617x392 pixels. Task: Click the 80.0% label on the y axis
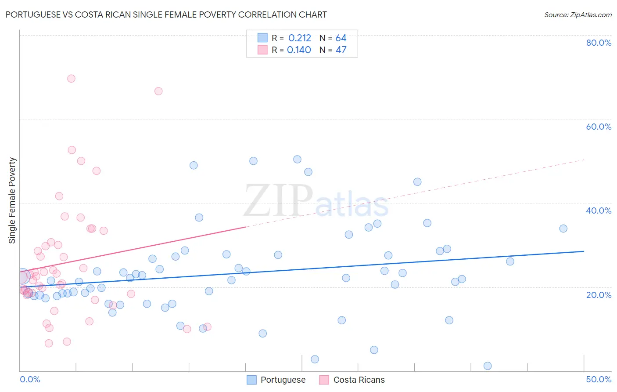click(599, 43)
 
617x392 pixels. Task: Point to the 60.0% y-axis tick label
click(599, 127)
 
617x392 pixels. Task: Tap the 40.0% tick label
click(599, 211)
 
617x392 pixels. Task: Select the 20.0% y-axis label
click(599, 295)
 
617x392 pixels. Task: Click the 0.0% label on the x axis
click(30, 379)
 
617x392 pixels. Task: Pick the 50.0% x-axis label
click(599, 379)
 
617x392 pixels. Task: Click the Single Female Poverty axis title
click(12, 200)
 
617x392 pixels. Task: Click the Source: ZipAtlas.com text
click(578, 15)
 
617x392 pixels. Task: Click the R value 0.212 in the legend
click(300, 38)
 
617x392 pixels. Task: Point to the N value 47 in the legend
click(341, 50)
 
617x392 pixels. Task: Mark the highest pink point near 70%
click(71, 79)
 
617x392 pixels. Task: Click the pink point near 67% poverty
click(158, 91)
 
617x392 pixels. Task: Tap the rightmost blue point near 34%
click(563, 229)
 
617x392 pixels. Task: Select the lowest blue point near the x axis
click(487, 366)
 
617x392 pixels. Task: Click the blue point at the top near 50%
click(297, 160)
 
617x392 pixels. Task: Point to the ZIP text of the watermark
click(278, 200)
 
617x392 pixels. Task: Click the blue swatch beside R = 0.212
click(262, 38)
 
